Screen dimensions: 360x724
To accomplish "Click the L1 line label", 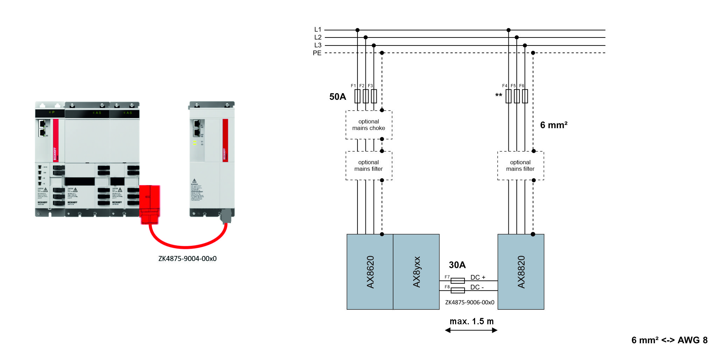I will click(x=318, y=30).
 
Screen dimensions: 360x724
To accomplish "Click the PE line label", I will click(x=317, y=53).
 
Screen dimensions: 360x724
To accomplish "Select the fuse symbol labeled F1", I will click(x=357, y=96).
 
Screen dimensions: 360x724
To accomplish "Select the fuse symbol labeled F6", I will click(x=524, y=96).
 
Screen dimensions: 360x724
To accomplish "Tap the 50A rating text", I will click(x=337, y=97).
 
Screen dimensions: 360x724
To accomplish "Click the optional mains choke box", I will click(x=369, y=125).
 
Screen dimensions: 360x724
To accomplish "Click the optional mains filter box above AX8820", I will click(x=520, y=166).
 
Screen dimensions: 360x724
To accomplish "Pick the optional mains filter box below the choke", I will click(x=369, y=166).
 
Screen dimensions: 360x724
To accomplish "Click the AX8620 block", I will click(x=370, y=272).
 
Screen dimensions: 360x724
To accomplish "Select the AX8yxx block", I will click(x=416, y=272).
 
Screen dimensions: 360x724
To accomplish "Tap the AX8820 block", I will click(x=521, y=272).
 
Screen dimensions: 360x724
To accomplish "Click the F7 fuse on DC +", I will click(x=457, y=281).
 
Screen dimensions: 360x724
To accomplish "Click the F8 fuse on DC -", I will click(x=457, y=290).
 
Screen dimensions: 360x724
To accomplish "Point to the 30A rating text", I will click(x=457, y=265).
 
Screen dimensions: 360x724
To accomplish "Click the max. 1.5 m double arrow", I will click(x=471, y=330).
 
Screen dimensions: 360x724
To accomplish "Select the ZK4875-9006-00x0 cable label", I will click(x=469, y=303).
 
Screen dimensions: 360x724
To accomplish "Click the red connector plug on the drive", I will click(x=150, y=205).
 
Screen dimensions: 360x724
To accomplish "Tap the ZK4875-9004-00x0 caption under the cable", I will click(x=187, y=259).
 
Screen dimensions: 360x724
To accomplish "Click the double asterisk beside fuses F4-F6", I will click(x=499, y=96).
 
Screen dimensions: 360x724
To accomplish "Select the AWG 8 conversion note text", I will click(x=669, y=340).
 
